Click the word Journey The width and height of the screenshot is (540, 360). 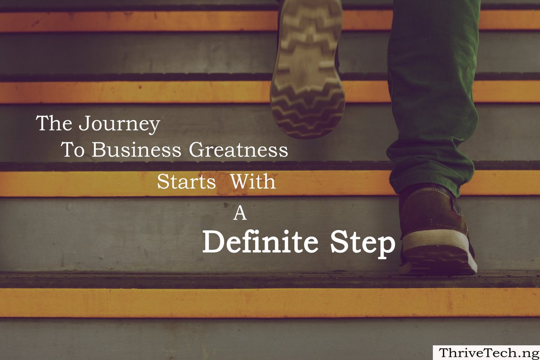[119, 124]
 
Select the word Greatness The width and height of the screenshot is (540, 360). [238, 150]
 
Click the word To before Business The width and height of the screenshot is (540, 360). [72, 150]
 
